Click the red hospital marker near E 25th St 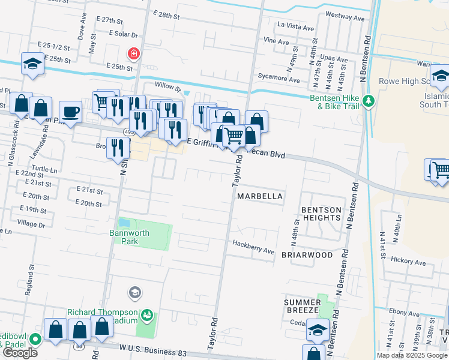click(132, 55)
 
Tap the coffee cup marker click(70, 112)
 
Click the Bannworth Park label click(124, 237)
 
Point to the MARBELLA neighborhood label click(259, 196)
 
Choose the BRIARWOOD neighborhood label click(307, 255)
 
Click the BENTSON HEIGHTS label click(321, 214)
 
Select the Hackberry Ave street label click(253, 243)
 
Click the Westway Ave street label click(346, 19)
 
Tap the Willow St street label click(167, 87)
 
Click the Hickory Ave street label click(408, 262)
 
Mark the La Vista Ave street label click(295, 28)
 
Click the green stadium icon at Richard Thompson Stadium click(146, 314)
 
